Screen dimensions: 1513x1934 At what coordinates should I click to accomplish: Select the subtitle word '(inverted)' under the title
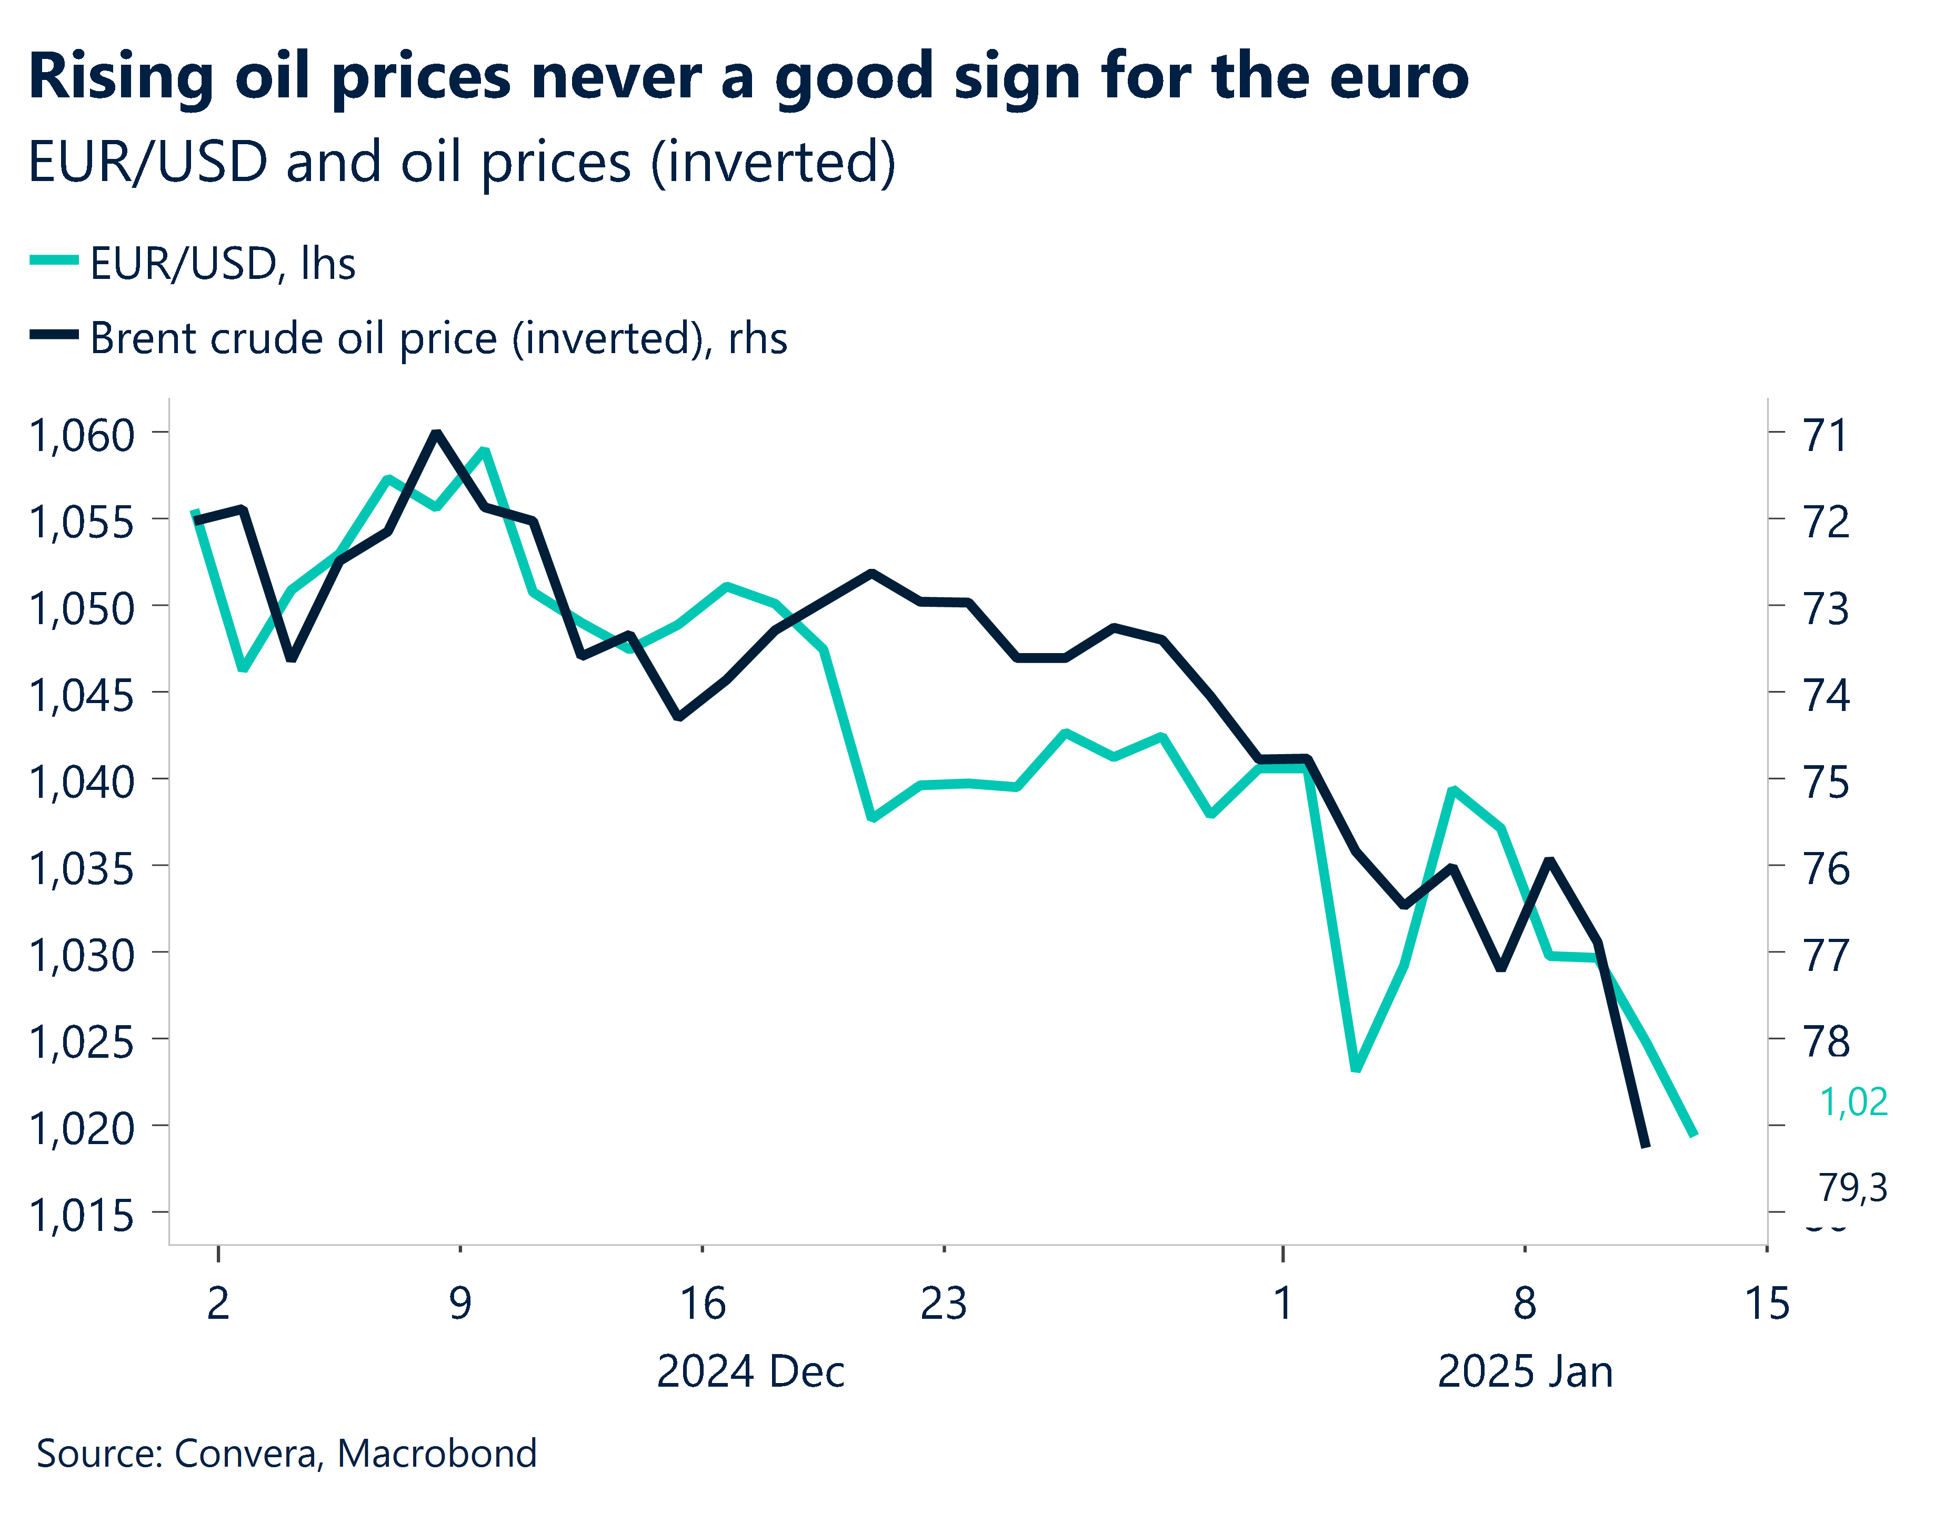(773, 163)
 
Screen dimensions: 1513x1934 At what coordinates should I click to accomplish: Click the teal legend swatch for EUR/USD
(54, 260)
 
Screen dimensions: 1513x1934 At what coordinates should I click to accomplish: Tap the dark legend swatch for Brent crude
(54, 335)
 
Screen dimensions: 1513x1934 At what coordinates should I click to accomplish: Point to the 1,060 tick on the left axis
(82, 435)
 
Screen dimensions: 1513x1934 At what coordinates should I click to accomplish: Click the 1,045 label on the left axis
(82, 695)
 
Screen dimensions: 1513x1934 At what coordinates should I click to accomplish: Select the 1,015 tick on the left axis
(82, 1215)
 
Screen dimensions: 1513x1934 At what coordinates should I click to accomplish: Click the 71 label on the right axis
(1826, 435)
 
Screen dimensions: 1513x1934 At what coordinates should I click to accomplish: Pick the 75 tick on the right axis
(1826, 781)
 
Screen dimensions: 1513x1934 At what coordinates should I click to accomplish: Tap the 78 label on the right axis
(1826, 1041)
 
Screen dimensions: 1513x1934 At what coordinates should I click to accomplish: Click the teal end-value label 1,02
(1853, 1102)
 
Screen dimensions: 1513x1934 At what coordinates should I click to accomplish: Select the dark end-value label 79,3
(1853, 1187)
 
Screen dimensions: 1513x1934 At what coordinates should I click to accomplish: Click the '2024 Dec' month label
(750, 1371)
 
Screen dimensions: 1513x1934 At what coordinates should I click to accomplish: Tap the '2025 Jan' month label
(1525, 1371)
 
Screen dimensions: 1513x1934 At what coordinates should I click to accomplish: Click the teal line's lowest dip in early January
(1356, 1068)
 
